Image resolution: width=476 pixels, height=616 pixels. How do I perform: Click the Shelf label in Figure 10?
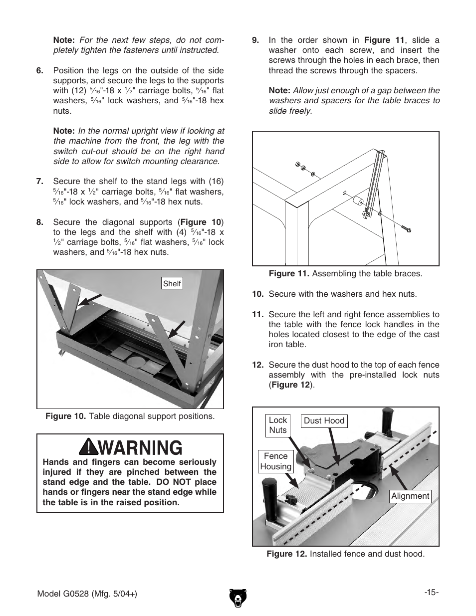[172, 284]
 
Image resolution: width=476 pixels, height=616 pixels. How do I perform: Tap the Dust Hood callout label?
[324, 420]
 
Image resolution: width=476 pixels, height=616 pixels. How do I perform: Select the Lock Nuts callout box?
[278, 425]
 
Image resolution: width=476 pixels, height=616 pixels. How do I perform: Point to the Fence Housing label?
[275, 461]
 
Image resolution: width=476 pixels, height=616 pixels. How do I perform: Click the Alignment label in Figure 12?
[410, 496]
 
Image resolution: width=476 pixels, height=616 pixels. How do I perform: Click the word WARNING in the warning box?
[141, 447]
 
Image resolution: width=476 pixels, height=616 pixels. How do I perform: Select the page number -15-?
[431, 593]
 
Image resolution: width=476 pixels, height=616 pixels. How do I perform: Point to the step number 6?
[39, 70]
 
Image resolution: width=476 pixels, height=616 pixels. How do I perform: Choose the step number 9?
[255, 40]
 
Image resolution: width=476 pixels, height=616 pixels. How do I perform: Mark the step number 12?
[257, 365]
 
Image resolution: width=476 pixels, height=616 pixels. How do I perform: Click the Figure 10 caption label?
[66, 416]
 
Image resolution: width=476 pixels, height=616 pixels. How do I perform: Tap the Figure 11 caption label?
[289, 273]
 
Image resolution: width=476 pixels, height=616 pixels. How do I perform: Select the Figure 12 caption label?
[286, 554]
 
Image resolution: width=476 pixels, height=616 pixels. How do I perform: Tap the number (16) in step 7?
[215, 181]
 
